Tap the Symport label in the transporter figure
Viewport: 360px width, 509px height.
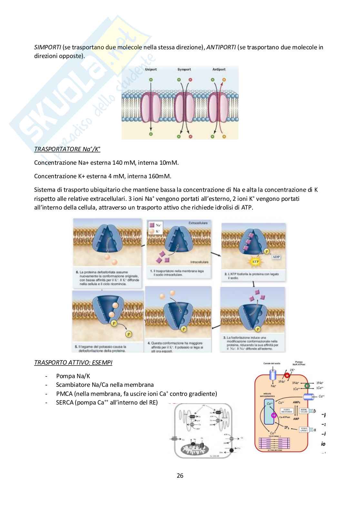point(184,69)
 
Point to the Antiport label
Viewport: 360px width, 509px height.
point(219,69)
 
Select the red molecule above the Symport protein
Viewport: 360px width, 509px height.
point(190,79)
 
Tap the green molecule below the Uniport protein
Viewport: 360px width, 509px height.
point(150,133)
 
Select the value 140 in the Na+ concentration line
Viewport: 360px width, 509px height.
point(117,162)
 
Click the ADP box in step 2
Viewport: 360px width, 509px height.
point(276,257)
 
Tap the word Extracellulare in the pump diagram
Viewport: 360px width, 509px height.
point(198,223)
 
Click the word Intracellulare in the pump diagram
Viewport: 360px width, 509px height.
point(199,262)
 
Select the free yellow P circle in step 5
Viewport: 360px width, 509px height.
point(128,334)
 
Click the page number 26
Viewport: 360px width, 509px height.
point(180,475)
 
